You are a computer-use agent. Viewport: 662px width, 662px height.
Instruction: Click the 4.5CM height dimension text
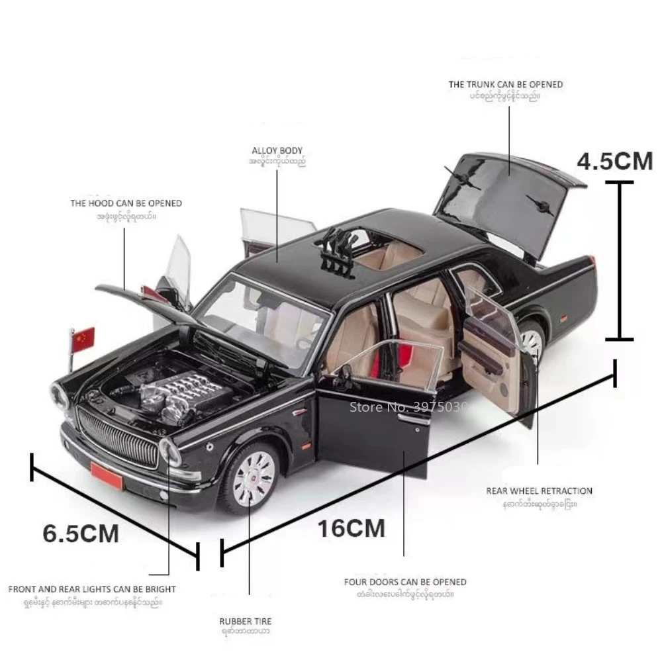615,162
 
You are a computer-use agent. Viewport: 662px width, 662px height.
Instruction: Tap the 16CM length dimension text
352,528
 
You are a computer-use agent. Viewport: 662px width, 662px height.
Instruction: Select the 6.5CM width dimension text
81,533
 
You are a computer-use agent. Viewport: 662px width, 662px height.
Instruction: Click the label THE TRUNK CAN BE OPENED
505,85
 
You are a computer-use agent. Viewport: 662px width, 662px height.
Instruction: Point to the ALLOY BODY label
277,151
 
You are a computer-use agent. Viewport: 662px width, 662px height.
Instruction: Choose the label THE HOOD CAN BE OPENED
126,203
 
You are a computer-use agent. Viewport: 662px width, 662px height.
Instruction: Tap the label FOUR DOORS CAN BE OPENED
405,582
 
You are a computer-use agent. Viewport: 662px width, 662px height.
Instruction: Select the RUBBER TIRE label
246,621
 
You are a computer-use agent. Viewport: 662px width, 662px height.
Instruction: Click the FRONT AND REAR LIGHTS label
92,589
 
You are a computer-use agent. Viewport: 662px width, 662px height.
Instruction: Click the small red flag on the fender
84,340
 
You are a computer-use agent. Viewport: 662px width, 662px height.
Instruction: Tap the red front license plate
107,475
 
